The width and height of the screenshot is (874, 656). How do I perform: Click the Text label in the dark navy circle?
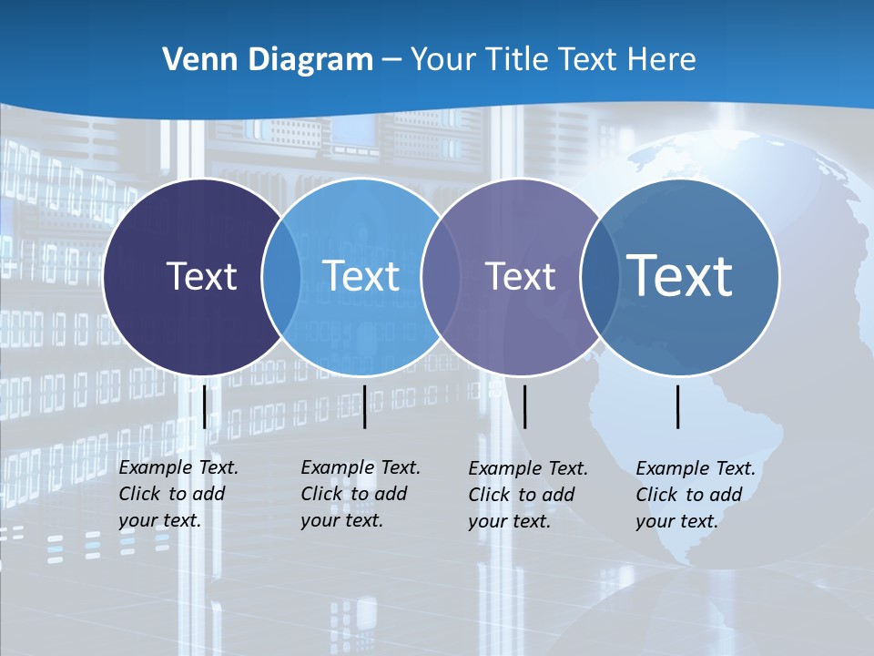[201, 276]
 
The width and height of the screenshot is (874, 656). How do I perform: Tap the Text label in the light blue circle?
[361, 276]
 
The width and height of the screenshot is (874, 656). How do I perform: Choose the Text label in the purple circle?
[520, 276]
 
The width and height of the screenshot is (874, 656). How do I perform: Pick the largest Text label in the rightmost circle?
[679, 275]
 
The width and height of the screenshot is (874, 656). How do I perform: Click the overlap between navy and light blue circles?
[281, 276]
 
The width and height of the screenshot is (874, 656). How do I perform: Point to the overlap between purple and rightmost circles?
[596, 276]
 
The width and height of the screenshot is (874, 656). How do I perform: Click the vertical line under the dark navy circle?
[204, 406]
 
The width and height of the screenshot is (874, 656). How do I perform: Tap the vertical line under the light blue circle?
[364, 406]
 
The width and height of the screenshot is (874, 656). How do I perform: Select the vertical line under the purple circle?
[525, 406]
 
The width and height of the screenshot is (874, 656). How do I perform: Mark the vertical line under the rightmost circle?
[678, 406]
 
